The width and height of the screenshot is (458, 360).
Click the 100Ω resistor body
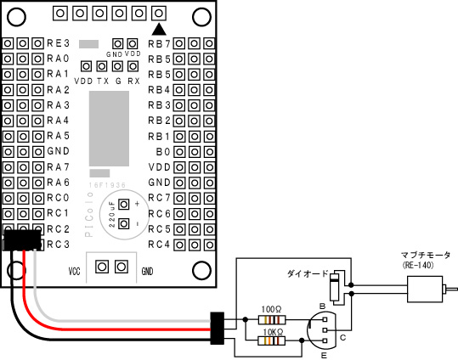point(272,320)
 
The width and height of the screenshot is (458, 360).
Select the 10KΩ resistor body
point(271,340)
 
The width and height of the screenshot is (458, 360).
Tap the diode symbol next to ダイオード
point(335,287)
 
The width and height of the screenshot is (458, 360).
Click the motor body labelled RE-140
point(425,289)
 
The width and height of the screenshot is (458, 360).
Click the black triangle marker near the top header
point(159,29)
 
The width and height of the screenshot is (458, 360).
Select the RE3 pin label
point(59,43)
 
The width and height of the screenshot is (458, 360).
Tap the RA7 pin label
point(59,167)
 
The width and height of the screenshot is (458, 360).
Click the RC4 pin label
point(159,245)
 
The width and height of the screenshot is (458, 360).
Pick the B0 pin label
point(163,151)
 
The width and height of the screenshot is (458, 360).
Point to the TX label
point(103,82)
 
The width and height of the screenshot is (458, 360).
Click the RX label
point(133,82)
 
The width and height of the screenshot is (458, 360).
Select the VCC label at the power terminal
point(74,272)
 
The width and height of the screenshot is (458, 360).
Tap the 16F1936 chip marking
point(107,185)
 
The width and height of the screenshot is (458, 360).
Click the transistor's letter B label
point(323,307)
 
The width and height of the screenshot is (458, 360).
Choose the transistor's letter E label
point(324,356)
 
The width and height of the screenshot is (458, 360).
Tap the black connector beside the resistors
point(218,329)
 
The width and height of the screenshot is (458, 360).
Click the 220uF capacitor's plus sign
point(137,204)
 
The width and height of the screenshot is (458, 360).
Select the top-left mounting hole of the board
point(16,17)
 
